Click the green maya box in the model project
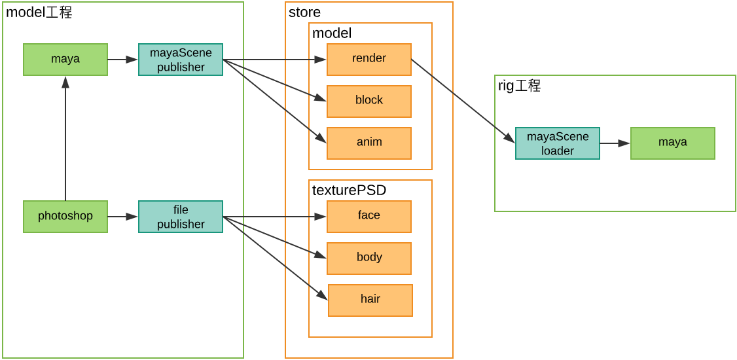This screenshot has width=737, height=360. pos(65,60)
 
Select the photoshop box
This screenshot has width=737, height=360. pos(65,217)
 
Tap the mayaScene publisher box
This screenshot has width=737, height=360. pos(181,60)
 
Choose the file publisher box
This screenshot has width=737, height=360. pos(181,217)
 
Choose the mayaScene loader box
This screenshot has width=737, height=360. pos(558,143)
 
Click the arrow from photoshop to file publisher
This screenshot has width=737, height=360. pos(122,217)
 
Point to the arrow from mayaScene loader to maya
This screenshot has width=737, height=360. pos(615,143)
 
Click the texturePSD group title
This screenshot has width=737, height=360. pos(349,190)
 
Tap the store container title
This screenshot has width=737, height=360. pos(304,12)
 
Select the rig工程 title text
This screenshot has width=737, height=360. pos(519,86)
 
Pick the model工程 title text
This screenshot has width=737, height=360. pos(39,12)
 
